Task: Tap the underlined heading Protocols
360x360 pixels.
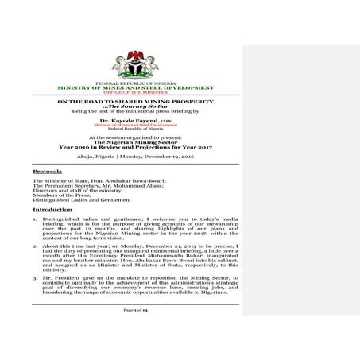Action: point(47,171)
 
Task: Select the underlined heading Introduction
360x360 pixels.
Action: point(51,209)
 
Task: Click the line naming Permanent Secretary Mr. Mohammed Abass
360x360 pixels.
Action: point(87,186)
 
